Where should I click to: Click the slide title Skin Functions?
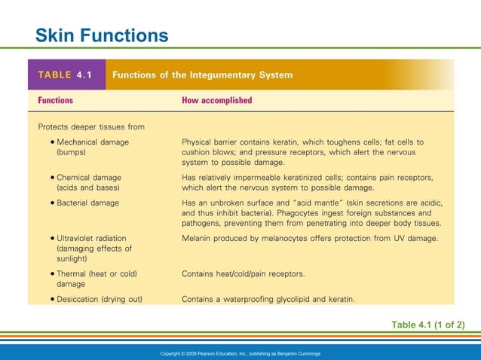pyautogui.click(x=102, y=35)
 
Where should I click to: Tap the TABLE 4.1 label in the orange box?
pyautogui.click(x=66, y=75)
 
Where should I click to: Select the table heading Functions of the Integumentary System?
pyautogui.click(x=202, y=75)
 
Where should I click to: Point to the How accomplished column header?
pyautogui.click(x=217, y=99)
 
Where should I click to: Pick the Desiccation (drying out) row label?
pyautogui.click(x=99, y=299)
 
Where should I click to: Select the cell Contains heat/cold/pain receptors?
pyautogui.click(x=244, y=274)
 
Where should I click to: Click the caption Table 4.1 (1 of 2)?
pyautogui.click(x=427, y=325)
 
